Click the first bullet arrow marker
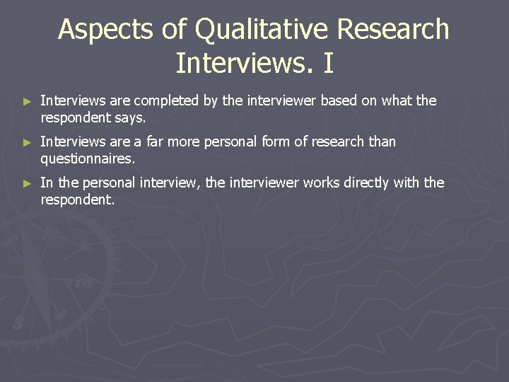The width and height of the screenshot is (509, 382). pos(28,102)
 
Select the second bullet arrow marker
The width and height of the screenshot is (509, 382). pos(28,143)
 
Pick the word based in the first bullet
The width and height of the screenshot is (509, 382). pos(339,101)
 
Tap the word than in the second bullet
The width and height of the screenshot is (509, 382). pos(382,142)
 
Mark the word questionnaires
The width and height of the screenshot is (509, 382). pos(88,158)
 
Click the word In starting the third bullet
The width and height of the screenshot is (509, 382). pos(47,183)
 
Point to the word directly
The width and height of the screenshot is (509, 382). pos(368,183)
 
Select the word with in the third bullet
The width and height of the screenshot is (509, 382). pos(407,183)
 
